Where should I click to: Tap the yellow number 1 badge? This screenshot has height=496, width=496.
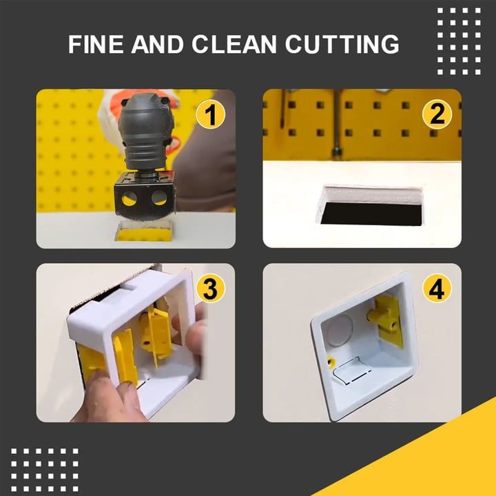click(210, 114)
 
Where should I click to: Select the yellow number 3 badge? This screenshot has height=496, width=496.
click(210, 289)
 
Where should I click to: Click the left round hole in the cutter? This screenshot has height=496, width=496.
click(129, 200)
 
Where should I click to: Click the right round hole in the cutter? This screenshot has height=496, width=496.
click(159, 200)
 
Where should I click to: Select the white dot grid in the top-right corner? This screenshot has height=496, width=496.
click(459, 41)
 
